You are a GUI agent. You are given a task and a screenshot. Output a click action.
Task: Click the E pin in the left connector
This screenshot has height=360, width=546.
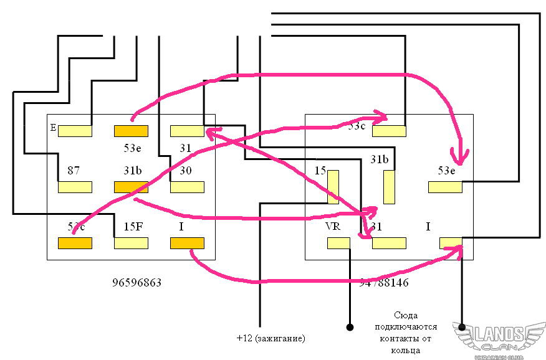point(75,131)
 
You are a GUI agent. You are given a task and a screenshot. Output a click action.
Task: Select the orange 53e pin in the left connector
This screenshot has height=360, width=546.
point(131,131)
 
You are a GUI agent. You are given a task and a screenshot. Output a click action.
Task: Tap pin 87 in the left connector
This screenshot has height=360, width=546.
point(75,187)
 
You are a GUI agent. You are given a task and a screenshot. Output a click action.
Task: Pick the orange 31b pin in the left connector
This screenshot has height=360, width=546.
point(131,187)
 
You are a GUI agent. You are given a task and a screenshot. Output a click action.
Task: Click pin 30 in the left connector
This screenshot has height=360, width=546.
point(187,187)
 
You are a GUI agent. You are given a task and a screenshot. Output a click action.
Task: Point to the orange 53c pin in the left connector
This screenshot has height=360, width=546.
point(75,243)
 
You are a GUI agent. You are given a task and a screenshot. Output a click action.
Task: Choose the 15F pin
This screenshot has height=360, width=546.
point(131,243)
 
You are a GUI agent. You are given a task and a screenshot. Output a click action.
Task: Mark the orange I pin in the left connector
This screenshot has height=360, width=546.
point(187,243)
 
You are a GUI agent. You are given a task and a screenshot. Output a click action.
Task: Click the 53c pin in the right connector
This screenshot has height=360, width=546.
point(389,131)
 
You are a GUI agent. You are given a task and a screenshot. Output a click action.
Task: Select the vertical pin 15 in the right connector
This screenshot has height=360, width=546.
point(333,187)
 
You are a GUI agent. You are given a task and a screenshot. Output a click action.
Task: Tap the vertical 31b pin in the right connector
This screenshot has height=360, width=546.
point(389,187)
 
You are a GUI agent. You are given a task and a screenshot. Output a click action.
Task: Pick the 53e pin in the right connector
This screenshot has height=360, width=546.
point(445,187)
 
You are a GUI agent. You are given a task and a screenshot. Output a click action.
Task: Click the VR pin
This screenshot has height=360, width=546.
point(338,243)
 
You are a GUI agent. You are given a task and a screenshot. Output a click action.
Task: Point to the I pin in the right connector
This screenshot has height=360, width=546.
point(451,243)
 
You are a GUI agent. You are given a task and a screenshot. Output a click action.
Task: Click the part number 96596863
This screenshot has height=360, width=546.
point(136,282)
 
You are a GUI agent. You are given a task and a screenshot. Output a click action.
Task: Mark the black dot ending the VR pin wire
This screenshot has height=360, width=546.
point(350,326)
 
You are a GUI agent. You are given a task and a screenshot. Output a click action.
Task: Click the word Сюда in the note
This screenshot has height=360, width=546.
point(406,316)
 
